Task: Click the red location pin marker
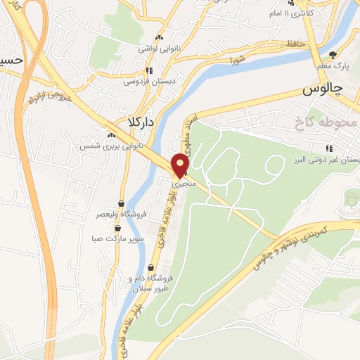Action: point(181,165)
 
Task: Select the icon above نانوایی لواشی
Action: point(160,38)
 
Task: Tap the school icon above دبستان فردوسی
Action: point(148,71)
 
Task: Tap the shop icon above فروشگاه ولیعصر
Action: point(121,204)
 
